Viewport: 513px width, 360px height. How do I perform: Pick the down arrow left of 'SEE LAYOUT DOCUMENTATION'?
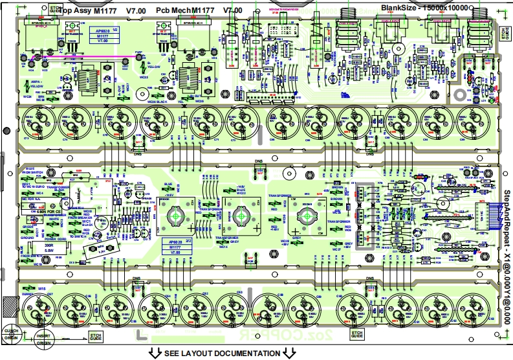point(155,353)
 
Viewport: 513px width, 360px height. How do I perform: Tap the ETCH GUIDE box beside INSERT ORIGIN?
point(95,335)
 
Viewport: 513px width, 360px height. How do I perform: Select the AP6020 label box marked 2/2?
point(170,246)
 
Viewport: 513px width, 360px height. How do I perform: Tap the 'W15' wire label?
point(41,289)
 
